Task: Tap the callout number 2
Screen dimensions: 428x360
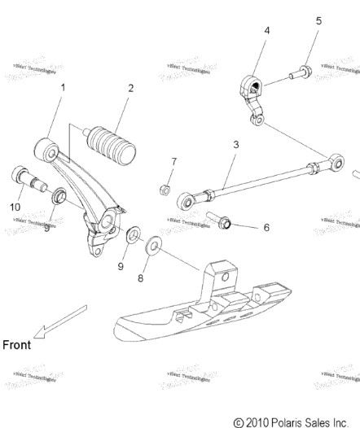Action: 130,88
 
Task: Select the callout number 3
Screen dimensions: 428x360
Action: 235,145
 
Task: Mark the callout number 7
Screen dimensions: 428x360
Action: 173,162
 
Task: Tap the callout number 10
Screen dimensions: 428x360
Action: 15,207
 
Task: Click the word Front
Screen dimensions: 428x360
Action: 16,344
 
